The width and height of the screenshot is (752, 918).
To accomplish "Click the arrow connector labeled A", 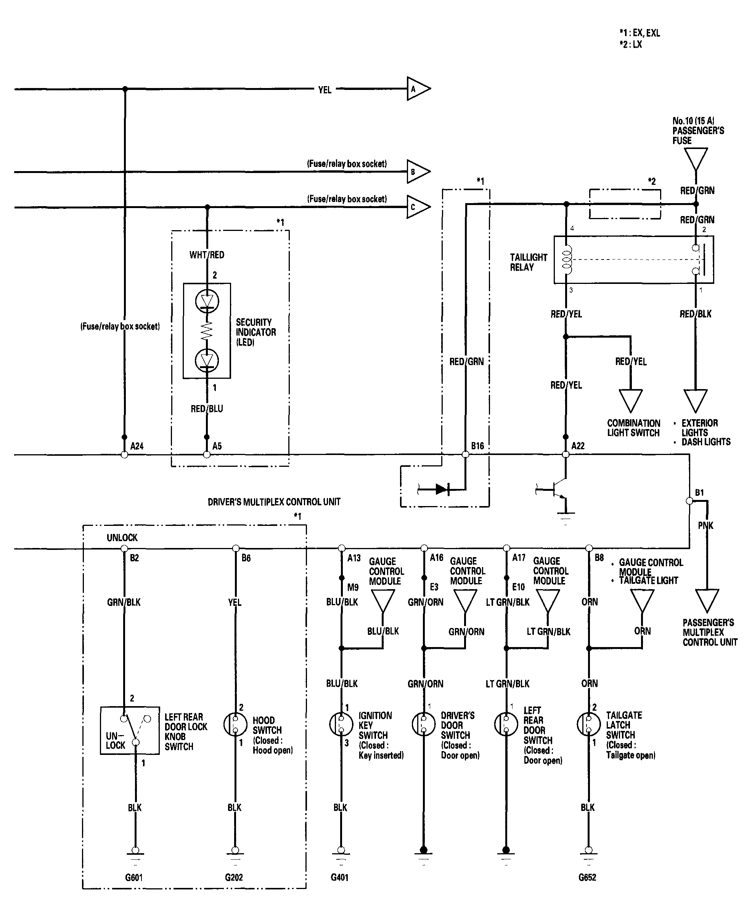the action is click(418, 89).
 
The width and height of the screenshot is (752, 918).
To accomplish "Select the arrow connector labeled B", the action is click(418, 172).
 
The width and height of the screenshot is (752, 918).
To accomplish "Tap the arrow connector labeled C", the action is click(418, 207).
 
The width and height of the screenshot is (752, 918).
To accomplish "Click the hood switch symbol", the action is click(235, 724).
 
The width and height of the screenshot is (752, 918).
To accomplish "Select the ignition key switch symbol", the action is click(341, 724).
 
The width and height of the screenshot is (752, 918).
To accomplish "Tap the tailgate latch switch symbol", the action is click(589, 724).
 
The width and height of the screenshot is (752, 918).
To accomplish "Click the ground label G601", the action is click(134, 877).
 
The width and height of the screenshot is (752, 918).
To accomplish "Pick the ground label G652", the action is click(587, 877).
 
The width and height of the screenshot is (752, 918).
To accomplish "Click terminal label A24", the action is click(137, 446).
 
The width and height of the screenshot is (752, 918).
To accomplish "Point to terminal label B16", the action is click(477, 446).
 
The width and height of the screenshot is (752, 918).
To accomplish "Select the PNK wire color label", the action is click(705, 525).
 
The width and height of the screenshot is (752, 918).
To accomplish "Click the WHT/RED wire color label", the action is click(207, 255).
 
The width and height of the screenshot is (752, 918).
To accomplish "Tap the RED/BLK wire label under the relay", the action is click(696, 314).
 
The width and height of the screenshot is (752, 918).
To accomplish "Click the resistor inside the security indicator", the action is click(207, 331).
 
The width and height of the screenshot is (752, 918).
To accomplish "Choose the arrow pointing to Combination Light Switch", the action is click(630, 401).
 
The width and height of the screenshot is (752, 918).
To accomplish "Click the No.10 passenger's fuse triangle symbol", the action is click(696, 159).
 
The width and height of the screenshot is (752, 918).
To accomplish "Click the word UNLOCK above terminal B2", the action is click(122, 538).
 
